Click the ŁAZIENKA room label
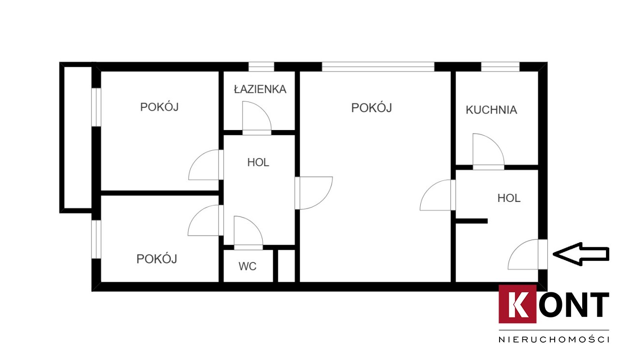pos(260,89)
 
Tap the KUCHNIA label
pos(491,110)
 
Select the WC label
pos(248,266)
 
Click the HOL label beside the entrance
pos(509,198)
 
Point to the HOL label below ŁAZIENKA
pos(258,162)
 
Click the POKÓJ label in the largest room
pos(371,107)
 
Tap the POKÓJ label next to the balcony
pos(160,107)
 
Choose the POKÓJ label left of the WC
pos(157,259)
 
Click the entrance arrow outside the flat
pos(581,254)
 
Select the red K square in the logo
pos(517,304)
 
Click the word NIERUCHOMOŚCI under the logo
pos(554,339)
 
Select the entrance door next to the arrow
pos(543,254)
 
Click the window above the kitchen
pos(500,67)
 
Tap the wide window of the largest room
pos(378,67)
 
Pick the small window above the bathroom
pos(261,67)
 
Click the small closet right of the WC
pos(286,266)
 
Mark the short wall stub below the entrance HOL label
pos(472,221)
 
